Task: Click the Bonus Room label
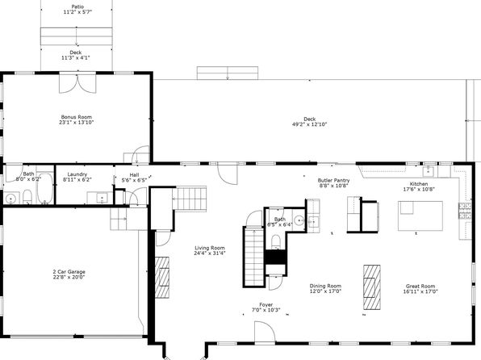77,117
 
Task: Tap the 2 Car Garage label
69,271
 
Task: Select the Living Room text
210,248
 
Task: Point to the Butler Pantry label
333,181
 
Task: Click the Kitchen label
419,184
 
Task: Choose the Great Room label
420,286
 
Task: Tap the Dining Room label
325,286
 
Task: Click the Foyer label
266,305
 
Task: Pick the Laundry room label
77,174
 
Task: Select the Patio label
77,6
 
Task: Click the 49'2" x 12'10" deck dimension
310,124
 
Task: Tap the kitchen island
420,216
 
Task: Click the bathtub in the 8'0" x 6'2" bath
44,188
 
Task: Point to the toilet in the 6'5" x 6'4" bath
276,241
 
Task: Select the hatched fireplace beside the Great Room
372,287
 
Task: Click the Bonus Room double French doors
77,83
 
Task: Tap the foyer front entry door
265,332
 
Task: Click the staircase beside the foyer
254,257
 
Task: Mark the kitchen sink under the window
429,172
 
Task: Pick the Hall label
134,175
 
